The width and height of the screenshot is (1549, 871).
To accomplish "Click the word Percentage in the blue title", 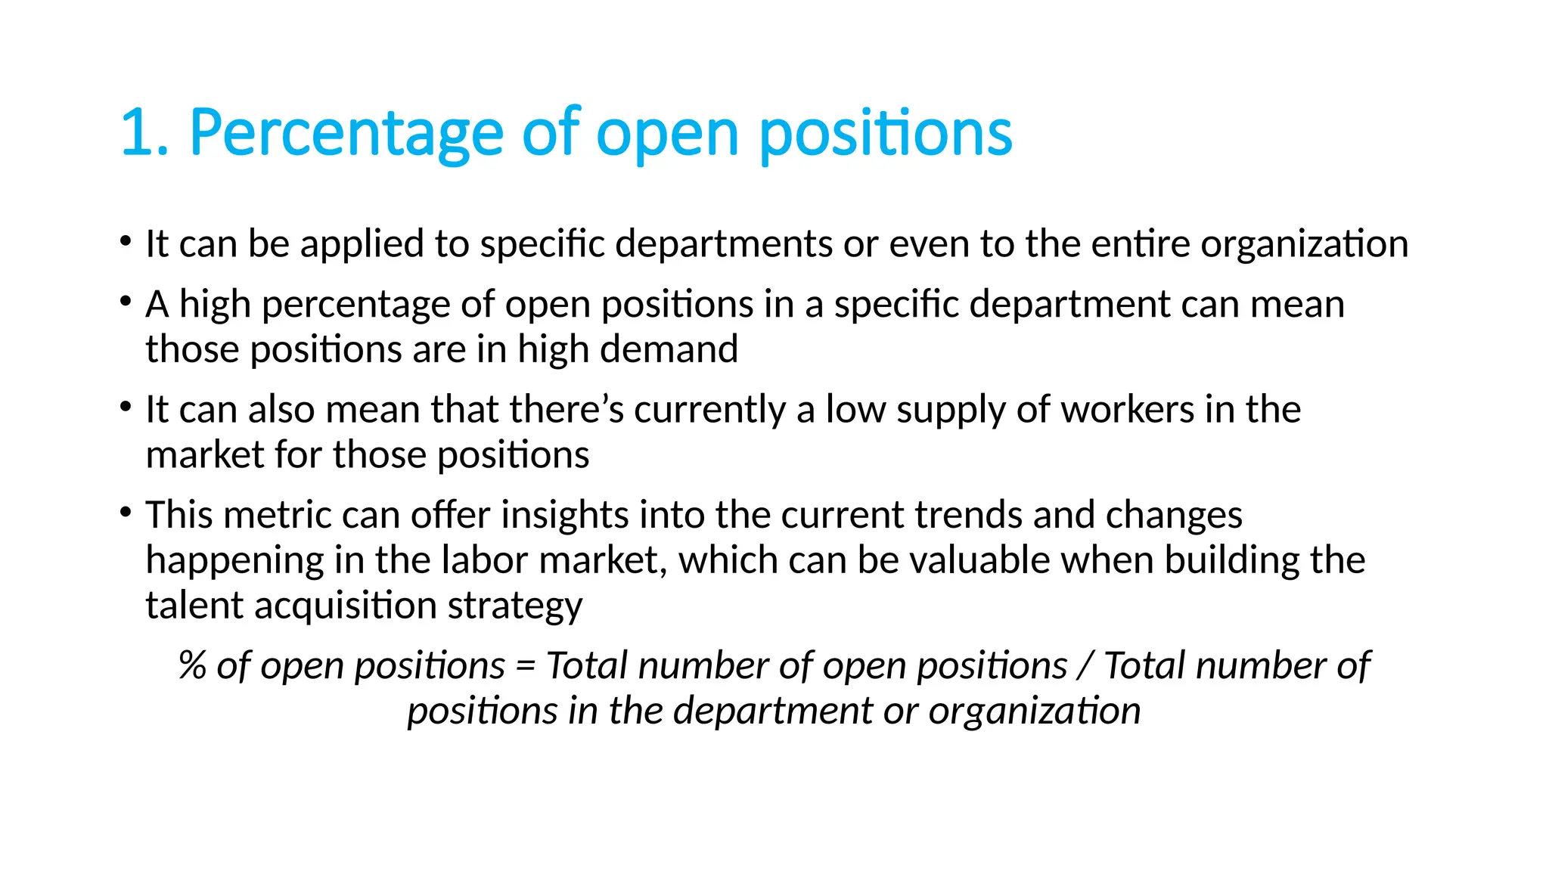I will [x=346, y=134].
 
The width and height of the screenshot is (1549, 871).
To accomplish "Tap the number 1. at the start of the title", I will [x=144, y=134].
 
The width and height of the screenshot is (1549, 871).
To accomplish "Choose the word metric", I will [x=277, y=516].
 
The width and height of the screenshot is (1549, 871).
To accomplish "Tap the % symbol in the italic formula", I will [x=192, y=666].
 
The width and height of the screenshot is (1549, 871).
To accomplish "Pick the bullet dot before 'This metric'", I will [x=125, y=513].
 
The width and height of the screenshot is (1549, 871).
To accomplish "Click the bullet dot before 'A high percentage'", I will [x=125, y=302].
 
